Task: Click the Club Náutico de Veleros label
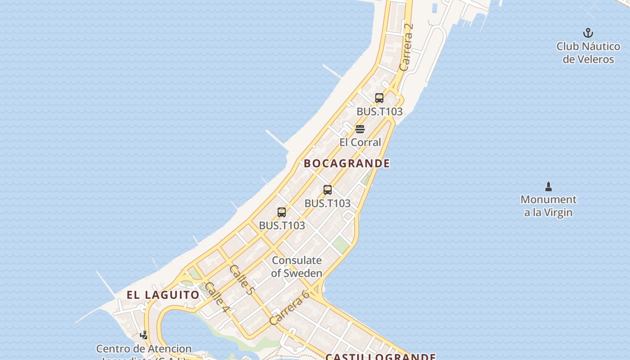click(588, 53)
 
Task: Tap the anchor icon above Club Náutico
click(588, 33)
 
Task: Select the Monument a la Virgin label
click(548, 206)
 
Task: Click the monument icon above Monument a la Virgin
click(548, 186)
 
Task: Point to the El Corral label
click(360, 142)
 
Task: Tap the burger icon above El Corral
click(360, 129)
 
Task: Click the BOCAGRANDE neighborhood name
click(346, 163)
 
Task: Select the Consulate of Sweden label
click(297, 266)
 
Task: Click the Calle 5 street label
click(242, 279)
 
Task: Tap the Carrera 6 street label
click(289, 307)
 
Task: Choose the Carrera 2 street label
click(406, 47)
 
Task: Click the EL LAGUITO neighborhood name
click(163, 295)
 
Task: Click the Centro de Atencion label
click(144, 349)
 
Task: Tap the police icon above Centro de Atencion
click(144, 335)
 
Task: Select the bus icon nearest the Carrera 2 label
click(379, 98)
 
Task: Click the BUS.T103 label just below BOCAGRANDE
click(327, 203)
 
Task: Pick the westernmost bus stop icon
click(282, 212)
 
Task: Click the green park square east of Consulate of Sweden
click(341, 244)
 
